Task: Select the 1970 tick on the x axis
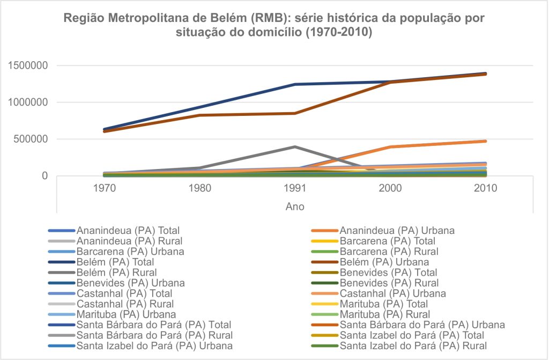104,188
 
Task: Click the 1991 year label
295,188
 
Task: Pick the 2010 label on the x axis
486,188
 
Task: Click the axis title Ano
295,206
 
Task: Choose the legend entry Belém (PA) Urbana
384,262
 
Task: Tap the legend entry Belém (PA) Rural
116,273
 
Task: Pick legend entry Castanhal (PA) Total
124,293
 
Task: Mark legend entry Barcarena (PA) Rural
389,252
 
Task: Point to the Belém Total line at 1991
295,84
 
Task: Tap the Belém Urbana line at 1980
199,115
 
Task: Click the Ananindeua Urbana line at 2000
390,147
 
